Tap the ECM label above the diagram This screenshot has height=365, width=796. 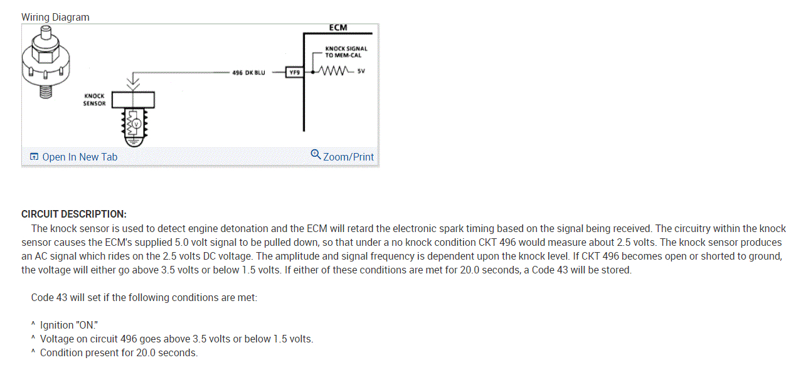(337, 28)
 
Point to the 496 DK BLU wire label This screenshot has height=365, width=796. (248, 73)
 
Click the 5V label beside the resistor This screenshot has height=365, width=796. (360, 70)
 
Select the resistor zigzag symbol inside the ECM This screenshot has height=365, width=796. (332, 70)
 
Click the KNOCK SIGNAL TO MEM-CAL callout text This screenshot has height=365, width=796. (346, 52)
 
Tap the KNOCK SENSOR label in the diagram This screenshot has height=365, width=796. (94, 100)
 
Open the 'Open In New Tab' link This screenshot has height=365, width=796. (73, 157)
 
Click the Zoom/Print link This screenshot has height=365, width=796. (348, 157)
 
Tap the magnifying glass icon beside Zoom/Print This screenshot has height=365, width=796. (316, 154)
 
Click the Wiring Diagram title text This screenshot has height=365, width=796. (55, 18)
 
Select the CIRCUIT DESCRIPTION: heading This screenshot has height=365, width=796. (74, 214)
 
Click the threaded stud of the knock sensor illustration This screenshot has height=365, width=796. (44, 91)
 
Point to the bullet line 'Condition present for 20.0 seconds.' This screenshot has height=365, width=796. (119, 352)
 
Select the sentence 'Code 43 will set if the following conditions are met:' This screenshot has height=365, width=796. (144, 297)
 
